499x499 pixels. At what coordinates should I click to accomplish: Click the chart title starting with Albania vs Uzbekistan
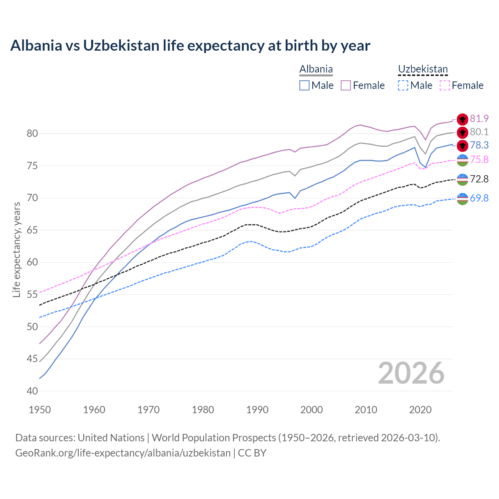pyautogui.click(x=190, y=46)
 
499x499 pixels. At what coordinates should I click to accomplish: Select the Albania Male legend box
pyautogui.click(x=304, y=85)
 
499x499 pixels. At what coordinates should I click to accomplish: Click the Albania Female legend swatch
pyautogui.click(x=346, y=85)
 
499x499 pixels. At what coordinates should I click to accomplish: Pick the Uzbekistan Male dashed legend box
pyautogui.click(x=403, y=85)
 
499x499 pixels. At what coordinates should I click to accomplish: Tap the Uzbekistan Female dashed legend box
pyautogui.click(x=445, y=85)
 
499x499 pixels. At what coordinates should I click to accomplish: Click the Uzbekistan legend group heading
pyautogui.click(x=423, y=69)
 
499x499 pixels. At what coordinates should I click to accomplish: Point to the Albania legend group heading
pyautogui.click(x=316, y=69)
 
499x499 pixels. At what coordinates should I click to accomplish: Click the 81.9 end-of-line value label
pyautogui.click(x=479, y=119)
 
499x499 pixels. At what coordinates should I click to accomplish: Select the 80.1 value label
pyautogui.click(x=479, y=132)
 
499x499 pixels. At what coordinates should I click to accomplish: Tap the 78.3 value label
pyautogui.click(x=479, y=145)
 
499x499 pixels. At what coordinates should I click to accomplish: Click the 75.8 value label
pyautogui.click(x=479, y=159)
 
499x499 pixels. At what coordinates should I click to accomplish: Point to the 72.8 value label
pyautogui.click(x=479, y=179)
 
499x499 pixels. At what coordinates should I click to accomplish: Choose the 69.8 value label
pyautogui.click(x=479, y=198)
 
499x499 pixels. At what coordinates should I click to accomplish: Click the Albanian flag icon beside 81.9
pyautogui.click(x=462, y=119)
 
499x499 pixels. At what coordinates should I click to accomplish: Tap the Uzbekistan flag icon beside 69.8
pyautogui.click(x=462, y=198)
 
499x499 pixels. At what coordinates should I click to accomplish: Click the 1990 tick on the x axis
pyautogui.click(x=257, y=410)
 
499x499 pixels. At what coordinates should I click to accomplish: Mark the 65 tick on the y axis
pyautogui.click(x=32, y=230)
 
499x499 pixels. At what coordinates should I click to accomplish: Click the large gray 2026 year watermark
pyautogui.click(x=411, y=373)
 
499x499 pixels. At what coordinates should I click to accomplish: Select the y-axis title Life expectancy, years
pyautogui.click(x=17, y=249)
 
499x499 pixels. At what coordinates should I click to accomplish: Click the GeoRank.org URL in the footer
pyautogui.click(x=123, y=453)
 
